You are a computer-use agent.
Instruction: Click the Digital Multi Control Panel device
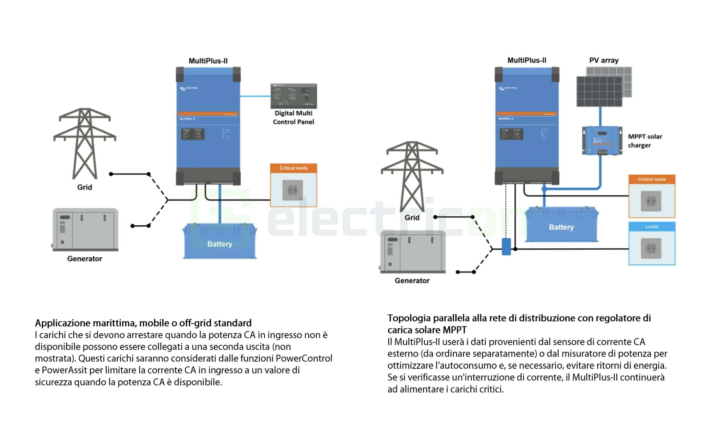click(x=293, y=96)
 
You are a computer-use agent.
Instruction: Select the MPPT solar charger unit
click(x=602, y=140)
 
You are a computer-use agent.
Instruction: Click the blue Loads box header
click(x=651, y=226)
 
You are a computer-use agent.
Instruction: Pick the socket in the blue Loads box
click(x=651, y=248)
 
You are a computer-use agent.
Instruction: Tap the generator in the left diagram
click(x=85, y=230)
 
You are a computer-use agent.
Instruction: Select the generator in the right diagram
click(x=413, y=252)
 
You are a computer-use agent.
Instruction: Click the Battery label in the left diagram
click(x=219, y=244)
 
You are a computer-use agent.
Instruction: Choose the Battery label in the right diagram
click(x=561, y=227)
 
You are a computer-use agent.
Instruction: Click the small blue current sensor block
click(x=506, y=247)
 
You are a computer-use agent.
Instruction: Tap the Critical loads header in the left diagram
click(x=293, y=168)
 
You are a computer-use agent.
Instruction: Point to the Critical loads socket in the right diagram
click(x=651, y=201)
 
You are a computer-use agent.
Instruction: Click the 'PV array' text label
click(x=604, y=60)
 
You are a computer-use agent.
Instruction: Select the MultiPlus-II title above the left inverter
click(x=208, y=61)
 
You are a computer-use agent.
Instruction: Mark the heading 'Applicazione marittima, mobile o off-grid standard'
click(x=143, y=323)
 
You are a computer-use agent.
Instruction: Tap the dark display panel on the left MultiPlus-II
click(x=193, y=134)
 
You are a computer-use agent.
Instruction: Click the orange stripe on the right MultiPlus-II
click(x=527, y=114)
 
